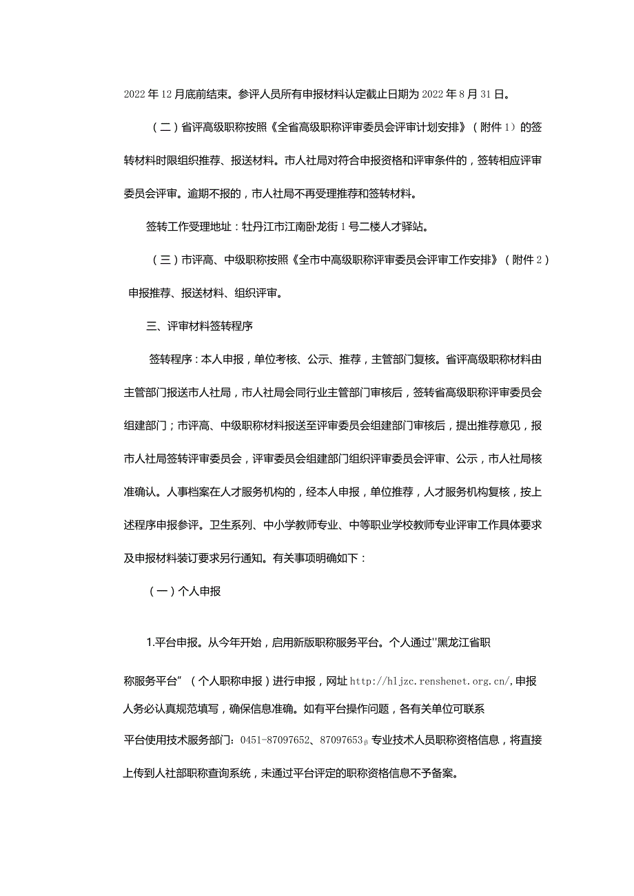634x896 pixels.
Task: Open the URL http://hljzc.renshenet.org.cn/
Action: [x=431, y=681]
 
